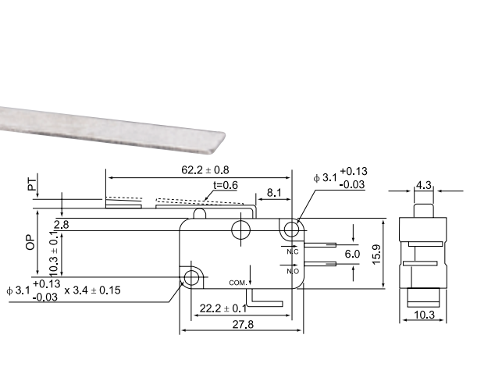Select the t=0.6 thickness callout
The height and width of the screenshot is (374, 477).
point(226,185)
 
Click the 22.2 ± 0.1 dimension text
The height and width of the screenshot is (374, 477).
point(223,309)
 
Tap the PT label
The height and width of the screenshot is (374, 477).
point(32,184)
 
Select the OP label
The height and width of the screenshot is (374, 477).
point(30,239)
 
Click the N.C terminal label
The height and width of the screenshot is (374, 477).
point(293,251)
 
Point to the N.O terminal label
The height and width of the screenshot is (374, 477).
point(293,271)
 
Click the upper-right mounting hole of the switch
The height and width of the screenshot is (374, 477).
point(292,230)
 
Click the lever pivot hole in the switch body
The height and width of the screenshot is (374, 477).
point(241,229)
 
